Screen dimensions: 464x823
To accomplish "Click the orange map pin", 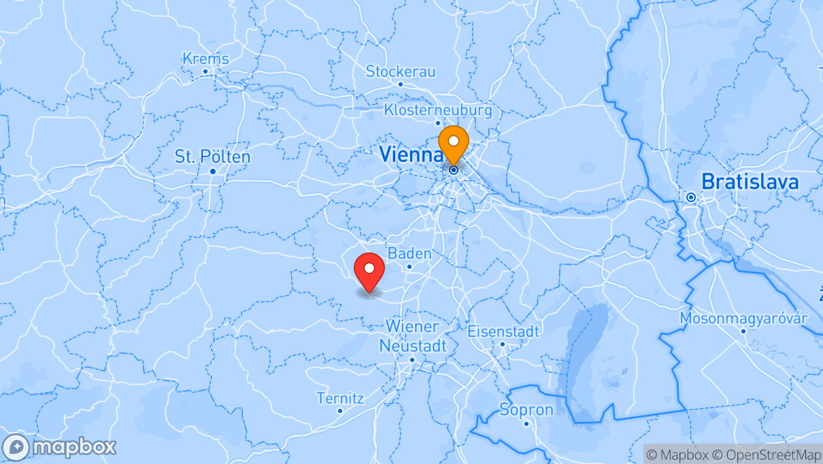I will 453,143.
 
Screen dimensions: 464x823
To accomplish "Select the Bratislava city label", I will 750,182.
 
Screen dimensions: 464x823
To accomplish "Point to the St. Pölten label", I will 212,157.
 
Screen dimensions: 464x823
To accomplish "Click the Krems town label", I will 205,59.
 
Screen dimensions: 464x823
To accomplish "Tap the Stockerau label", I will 401,71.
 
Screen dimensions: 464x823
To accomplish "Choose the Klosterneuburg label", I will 437,110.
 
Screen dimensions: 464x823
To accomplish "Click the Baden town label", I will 409,254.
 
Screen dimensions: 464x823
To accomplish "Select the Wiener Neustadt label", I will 413,336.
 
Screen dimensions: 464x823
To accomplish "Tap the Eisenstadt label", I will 503,331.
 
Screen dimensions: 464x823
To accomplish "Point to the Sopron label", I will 526,410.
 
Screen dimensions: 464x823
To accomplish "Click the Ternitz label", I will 340,398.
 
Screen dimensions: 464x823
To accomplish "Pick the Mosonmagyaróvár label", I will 743,318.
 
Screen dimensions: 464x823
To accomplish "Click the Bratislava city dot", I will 691,197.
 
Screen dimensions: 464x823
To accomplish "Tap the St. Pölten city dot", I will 213,171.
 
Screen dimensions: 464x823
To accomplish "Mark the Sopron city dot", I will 526,423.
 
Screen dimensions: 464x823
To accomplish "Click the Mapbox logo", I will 59,448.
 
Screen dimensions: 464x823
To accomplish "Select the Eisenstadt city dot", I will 503,344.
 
